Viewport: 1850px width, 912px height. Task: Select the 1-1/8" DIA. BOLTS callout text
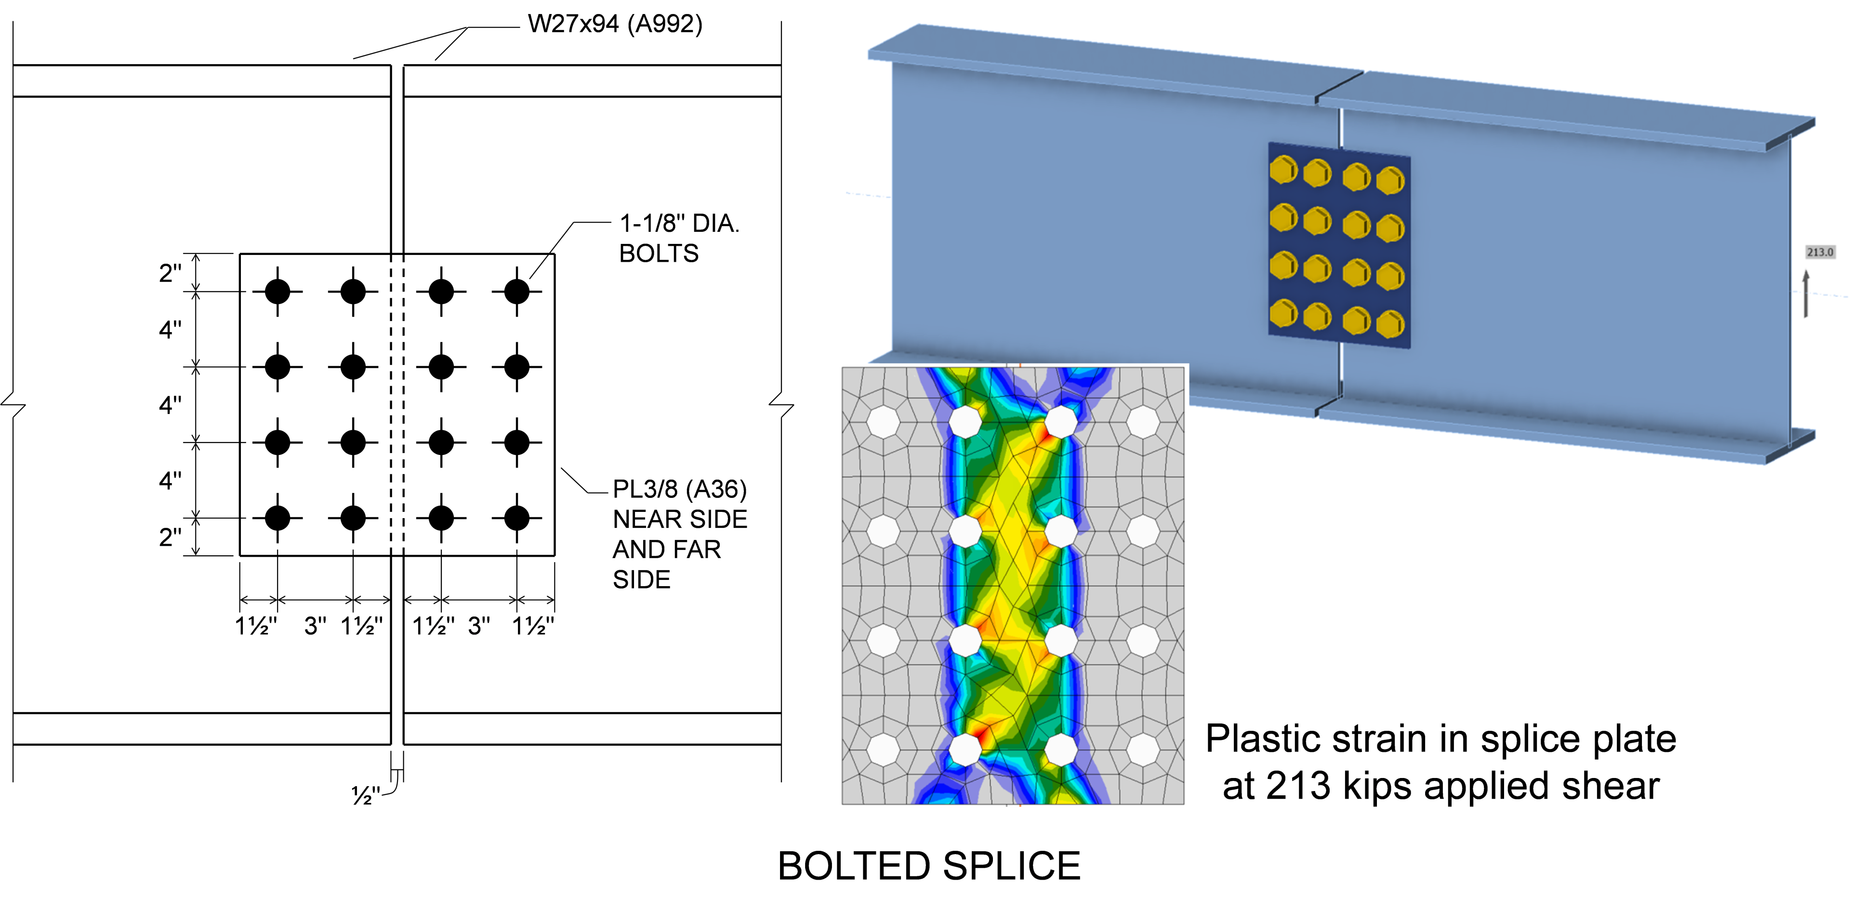tap(679, 238)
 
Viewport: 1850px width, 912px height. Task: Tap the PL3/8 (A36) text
tap(679, 489)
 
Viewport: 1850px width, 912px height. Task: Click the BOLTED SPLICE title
tap(928, 866)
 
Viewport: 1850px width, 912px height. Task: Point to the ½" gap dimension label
tap(365, 795)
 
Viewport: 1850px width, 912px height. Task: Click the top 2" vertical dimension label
tap(170, 273)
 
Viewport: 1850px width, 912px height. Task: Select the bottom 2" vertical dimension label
tap(170, 537)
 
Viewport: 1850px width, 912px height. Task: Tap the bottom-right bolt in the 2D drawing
tap(516, 517)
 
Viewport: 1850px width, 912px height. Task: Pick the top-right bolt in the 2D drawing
tap(516, 292)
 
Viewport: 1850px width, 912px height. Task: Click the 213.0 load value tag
tap(1820, 252)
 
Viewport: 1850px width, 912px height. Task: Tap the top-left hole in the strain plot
tap(884, 422)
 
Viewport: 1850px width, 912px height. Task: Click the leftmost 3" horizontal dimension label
tap(315, 626)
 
